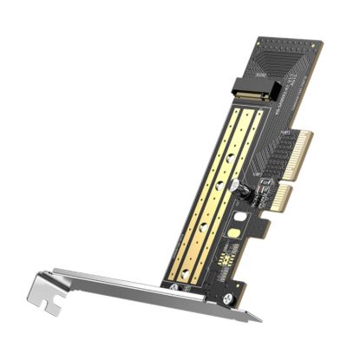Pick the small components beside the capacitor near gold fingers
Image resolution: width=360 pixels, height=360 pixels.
(260, 178)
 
